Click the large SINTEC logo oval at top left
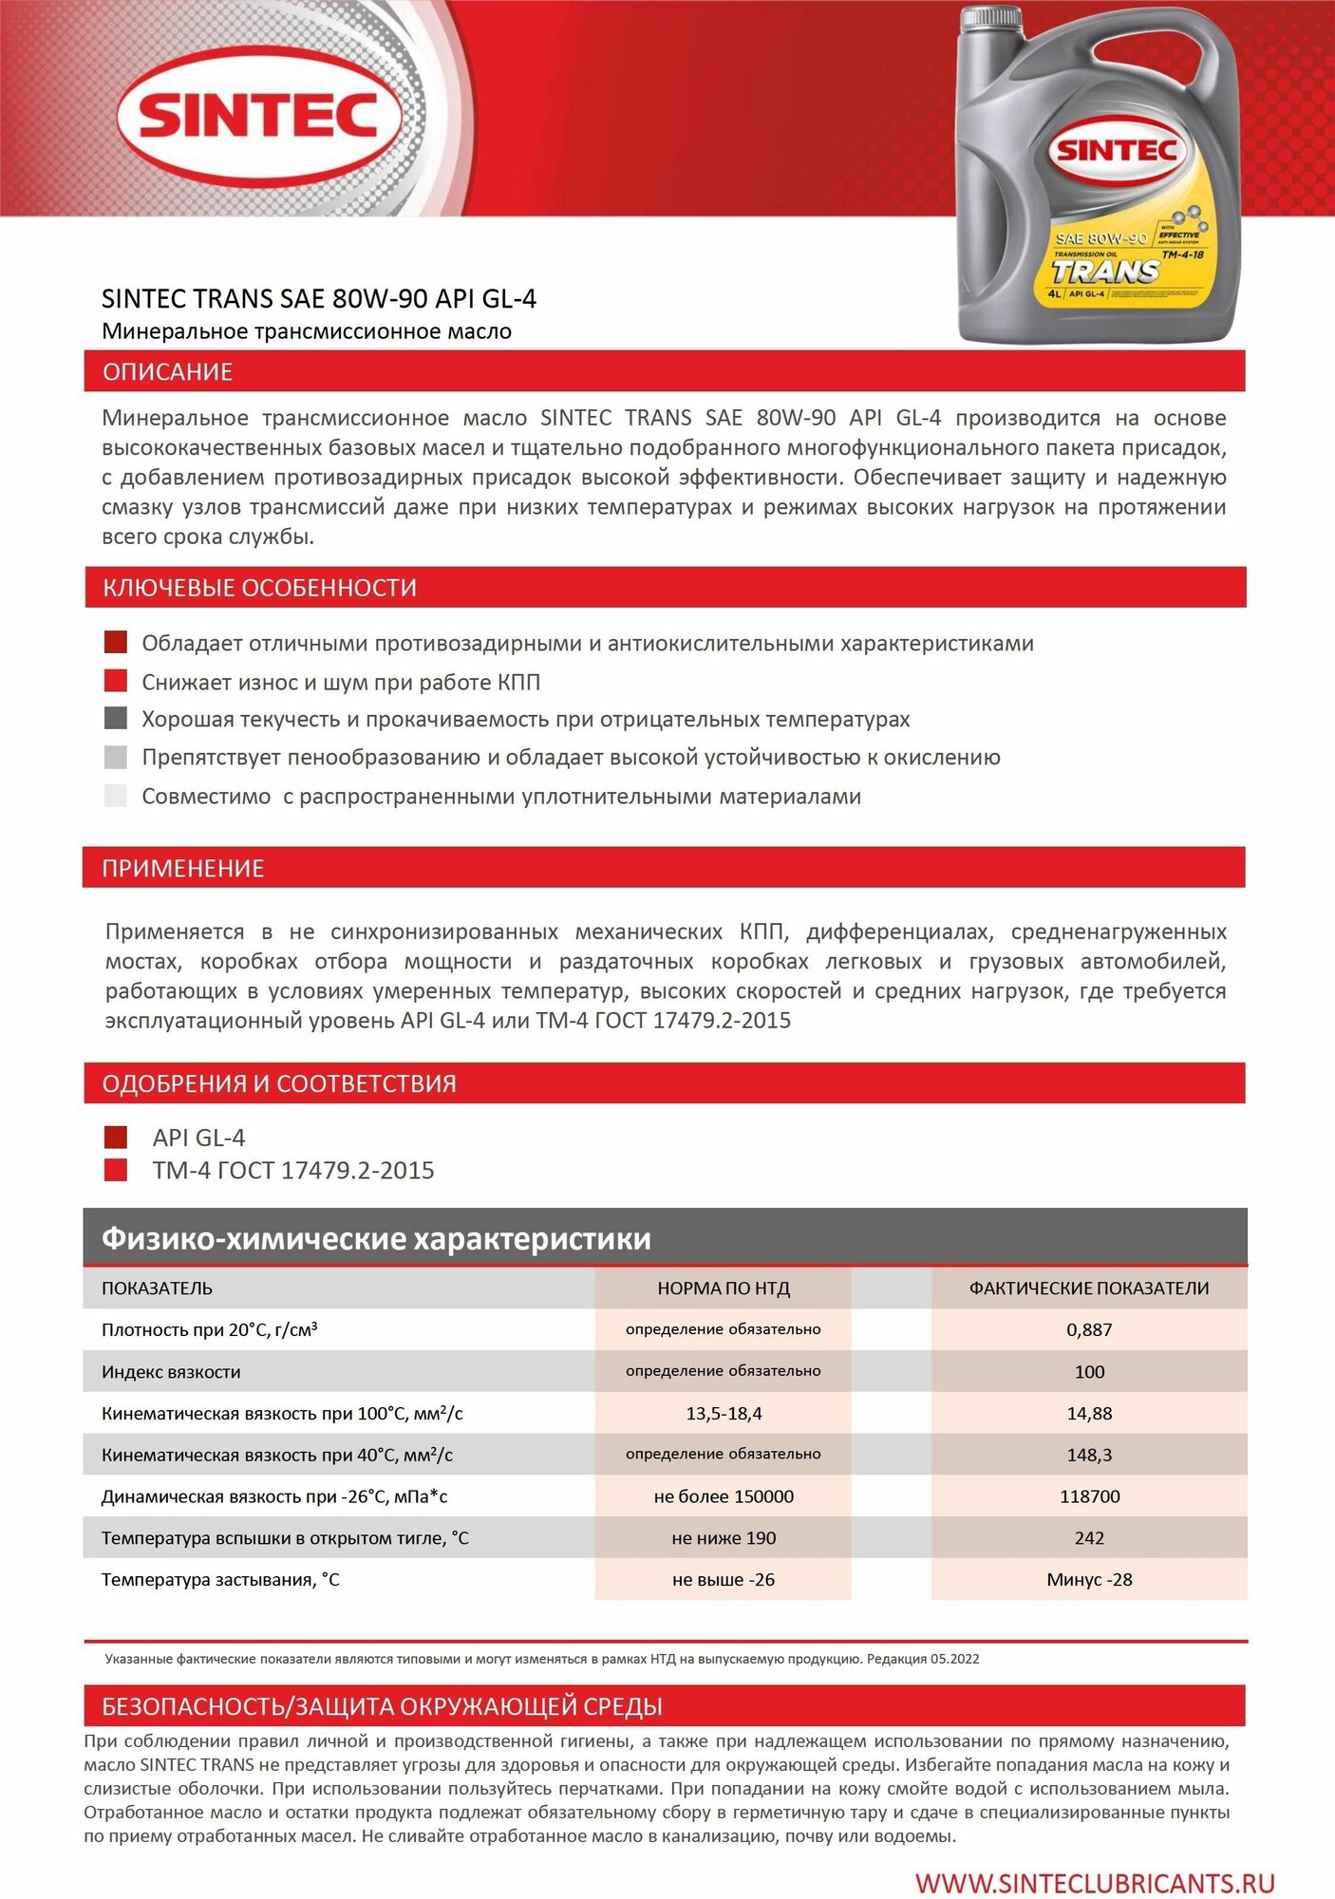point(258,116)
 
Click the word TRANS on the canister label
point(1105,273)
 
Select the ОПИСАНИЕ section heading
point(168,372)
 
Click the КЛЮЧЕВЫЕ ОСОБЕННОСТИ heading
point(259,588)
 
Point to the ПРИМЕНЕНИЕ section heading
point(182,868)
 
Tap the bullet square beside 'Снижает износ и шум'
point(116,681)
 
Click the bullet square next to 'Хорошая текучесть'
point(116,719)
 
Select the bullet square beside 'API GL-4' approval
point(116,1137)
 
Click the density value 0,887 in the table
point(1089,1329)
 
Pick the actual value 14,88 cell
point(1089,1413)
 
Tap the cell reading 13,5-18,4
point(724,1413)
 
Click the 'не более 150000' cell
point(724,1496)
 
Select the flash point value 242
point(1089,1538)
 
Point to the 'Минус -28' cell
point(1089,1580)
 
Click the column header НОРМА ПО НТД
point(724,1288)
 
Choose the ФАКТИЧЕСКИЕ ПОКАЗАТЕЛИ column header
point(1089,1288)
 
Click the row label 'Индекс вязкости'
point(171,1372)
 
